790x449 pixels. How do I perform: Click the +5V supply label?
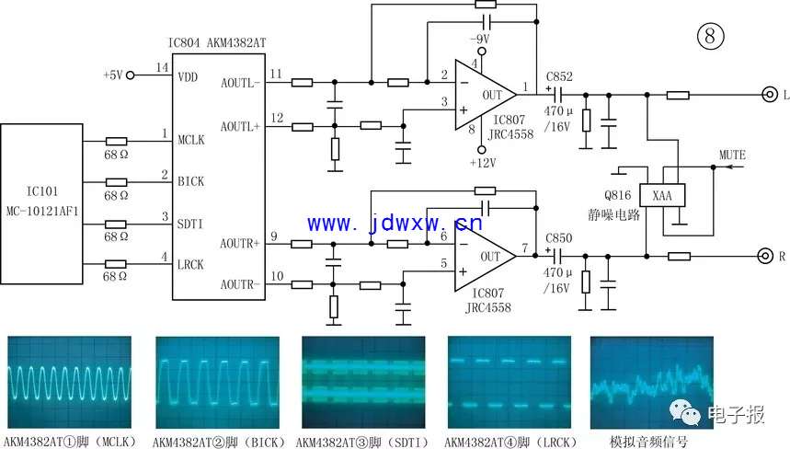(112, 75)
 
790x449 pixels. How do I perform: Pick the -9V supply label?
(478, 40)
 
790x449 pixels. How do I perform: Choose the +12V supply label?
(482, 163)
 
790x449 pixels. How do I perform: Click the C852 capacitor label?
(558, 77)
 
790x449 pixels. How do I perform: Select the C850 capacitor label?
(558, 238)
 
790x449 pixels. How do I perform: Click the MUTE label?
(732, 154)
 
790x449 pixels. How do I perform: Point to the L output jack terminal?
(764, 94)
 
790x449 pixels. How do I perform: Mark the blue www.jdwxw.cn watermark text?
(395, 223)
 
